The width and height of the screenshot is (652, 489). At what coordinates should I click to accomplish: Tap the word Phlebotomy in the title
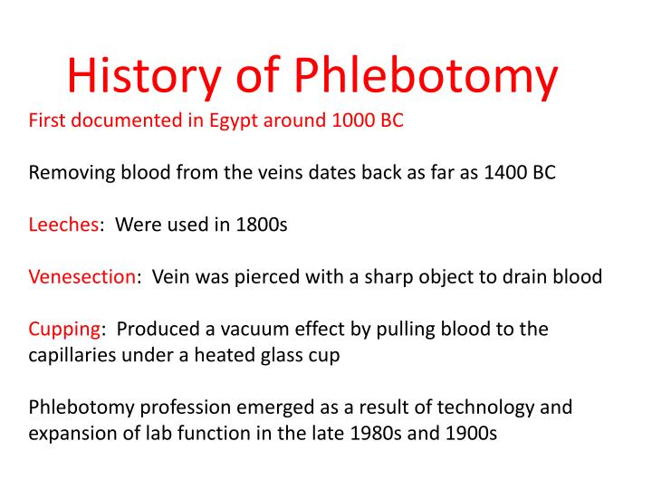[x=426, y=78]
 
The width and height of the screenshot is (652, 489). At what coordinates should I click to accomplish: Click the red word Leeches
[x=63, y=225]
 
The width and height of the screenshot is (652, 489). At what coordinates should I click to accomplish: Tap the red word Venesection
[x=82, y=277]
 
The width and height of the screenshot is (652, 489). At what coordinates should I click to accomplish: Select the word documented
[x=115, y=120]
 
